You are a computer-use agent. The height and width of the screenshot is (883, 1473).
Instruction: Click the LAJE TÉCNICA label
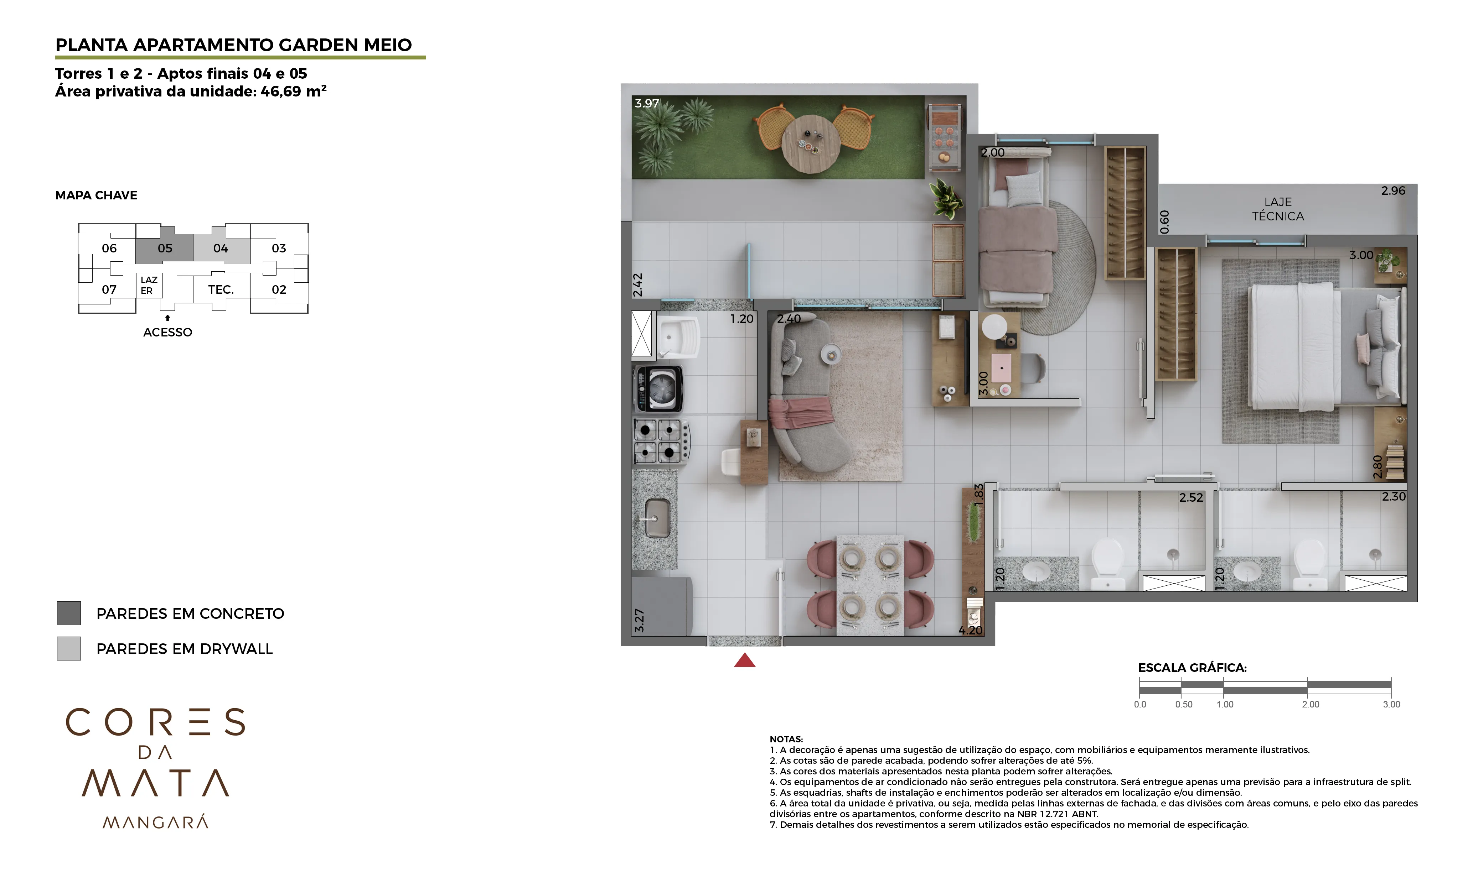1277,209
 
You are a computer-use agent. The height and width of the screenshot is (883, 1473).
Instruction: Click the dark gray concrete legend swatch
68,613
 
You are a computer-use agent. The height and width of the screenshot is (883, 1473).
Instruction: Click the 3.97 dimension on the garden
647,104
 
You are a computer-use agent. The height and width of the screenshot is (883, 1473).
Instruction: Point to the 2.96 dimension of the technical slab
1392,191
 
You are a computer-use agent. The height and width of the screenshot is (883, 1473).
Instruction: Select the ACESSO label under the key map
167,333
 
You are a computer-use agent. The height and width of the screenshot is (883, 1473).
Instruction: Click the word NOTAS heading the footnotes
786,740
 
